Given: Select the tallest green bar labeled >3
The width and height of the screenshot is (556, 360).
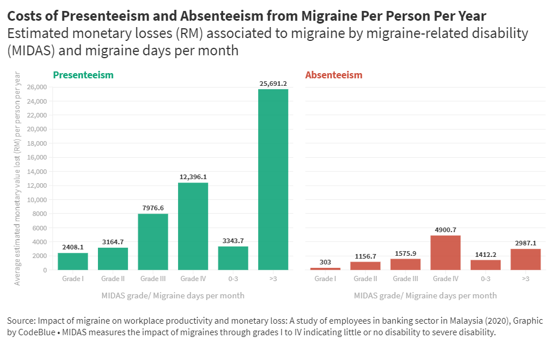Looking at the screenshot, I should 273,179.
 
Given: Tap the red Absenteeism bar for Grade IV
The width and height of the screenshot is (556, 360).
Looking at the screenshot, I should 445,252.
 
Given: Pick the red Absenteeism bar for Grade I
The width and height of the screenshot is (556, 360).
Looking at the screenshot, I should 326,268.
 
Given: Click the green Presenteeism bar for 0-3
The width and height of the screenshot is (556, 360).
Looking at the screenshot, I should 233,258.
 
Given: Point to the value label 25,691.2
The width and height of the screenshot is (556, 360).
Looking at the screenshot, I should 273,84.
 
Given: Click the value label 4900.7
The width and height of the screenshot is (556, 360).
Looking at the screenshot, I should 445,230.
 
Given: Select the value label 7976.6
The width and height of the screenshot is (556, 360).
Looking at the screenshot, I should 153,208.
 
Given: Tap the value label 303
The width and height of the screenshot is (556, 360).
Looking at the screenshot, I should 326,262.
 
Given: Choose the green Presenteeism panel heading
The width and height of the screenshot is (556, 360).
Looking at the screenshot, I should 83,75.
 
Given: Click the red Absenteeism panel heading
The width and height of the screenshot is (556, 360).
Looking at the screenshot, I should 334,75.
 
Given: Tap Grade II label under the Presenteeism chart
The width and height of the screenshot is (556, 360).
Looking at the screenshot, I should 113,279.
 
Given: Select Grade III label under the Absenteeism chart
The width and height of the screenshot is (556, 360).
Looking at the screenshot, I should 406,279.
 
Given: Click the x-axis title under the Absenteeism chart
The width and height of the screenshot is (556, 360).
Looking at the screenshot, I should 425,295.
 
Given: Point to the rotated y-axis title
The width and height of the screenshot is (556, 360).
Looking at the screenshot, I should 18,179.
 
